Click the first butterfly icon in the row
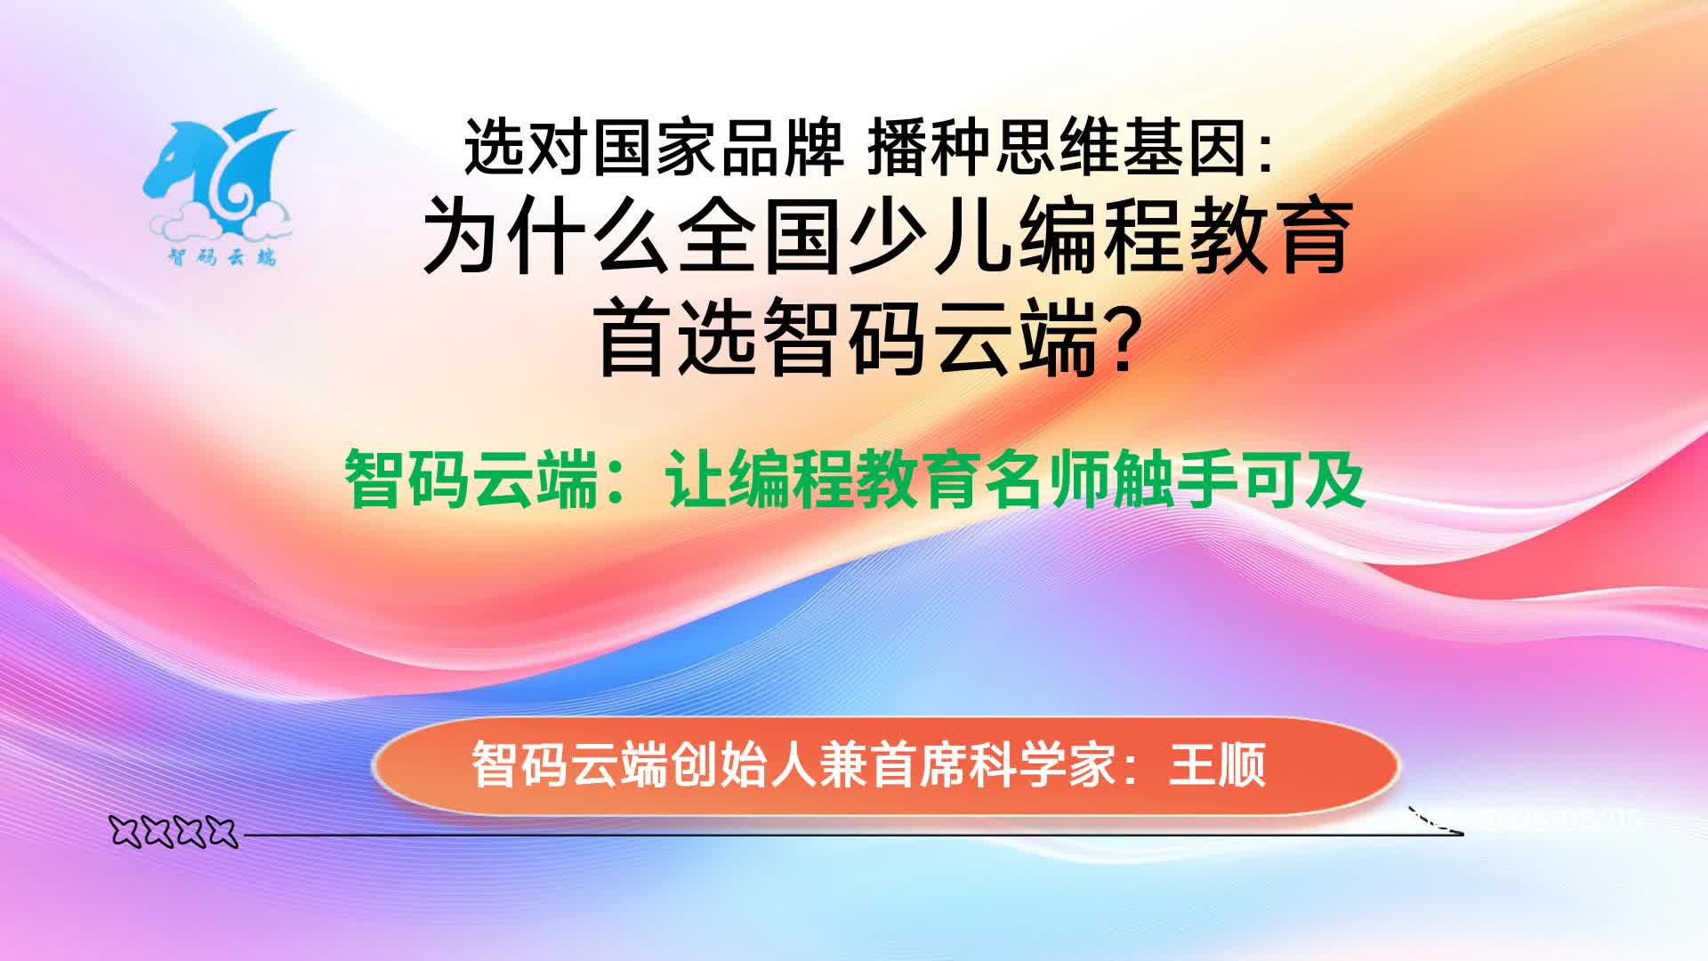[128, 833]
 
